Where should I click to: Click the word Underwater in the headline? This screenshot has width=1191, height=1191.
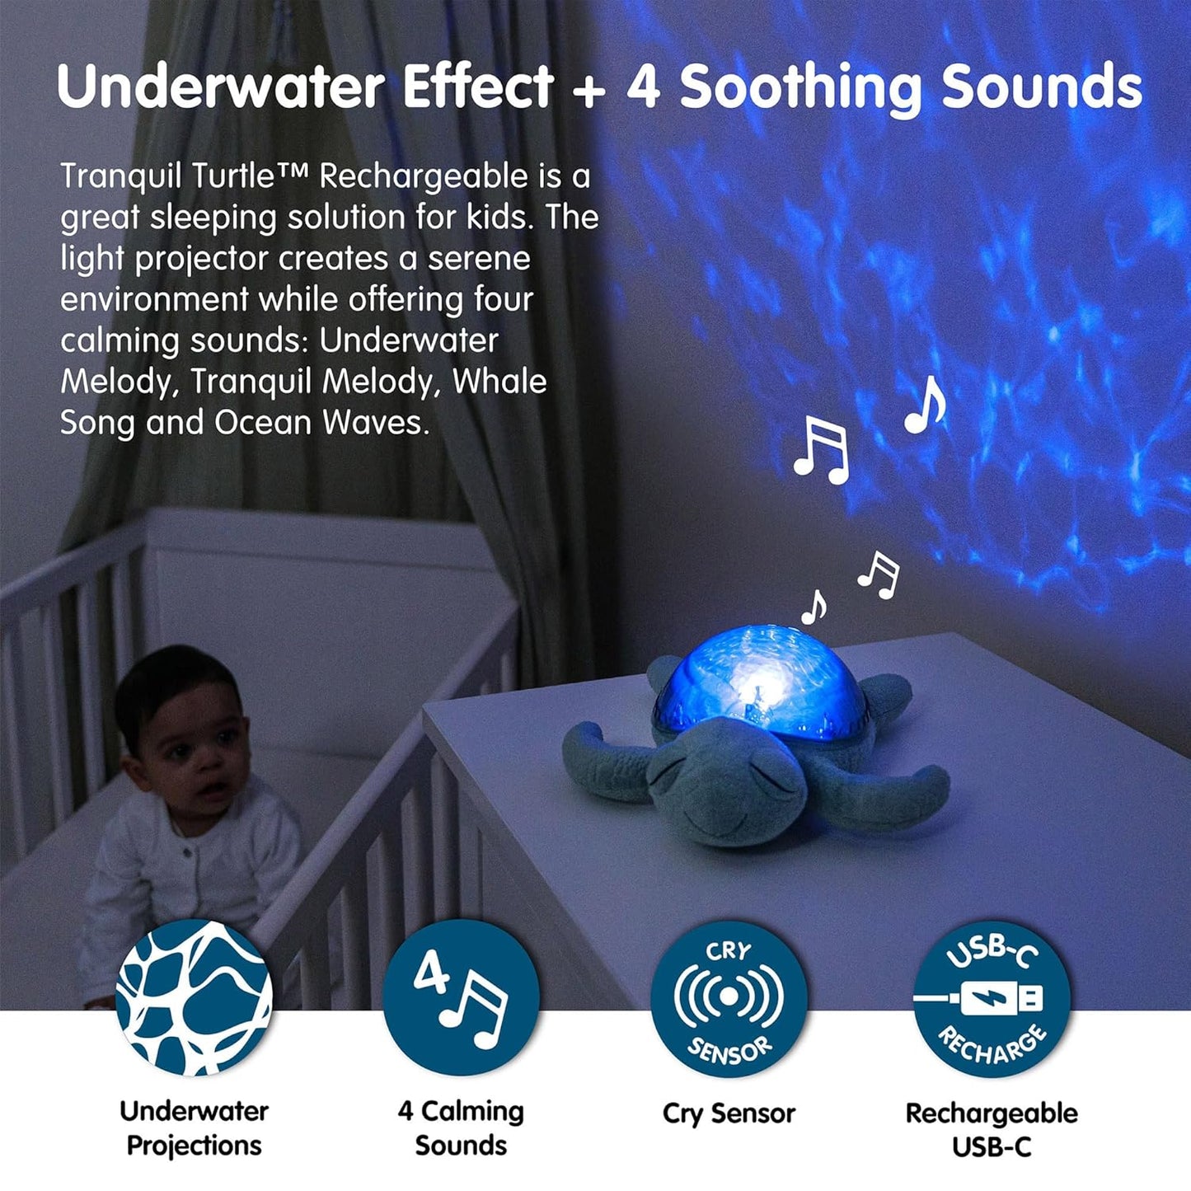pyautogui.click(x=221, y=87)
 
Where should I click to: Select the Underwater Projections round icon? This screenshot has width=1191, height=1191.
pyautogui.click(x=195, y=997)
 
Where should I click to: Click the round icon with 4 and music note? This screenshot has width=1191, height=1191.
pyautogui.click(x=461, y=997)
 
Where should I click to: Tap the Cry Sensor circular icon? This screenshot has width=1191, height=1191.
pyautogui.click(x=729, y=997)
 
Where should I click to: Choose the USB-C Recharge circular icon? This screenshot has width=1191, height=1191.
pyautogui.click(x=992, y=997)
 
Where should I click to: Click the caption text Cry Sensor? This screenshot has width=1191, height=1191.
pyautogui.click(x=729, y=1114)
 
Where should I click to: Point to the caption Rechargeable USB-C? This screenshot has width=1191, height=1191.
pyautogui.click(x=992, y=1129)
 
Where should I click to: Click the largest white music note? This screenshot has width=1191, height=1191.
pyautogui.click(x=822, y=449)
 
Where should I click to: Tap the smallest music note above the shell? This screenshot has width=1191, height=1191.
pyautogui.click(x=814, y=607)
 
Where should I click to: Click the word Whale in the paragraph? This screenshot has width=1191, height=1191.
pyautogui.click(x=499, y=382)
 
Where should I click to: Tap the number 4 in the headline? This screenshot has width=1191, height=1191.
pyautogui.click(x=644, y=87)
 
